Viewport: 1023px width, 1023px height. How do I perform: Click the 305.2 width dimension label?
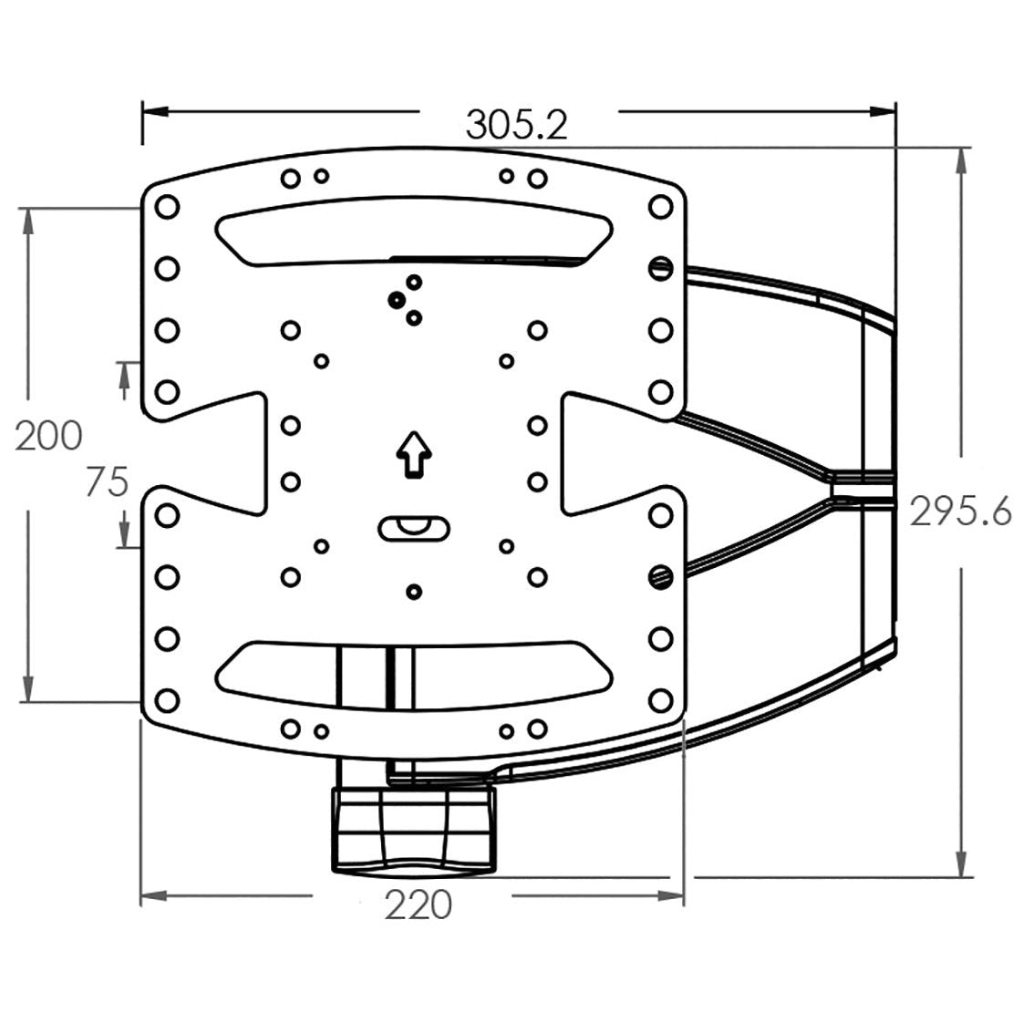(517, 125)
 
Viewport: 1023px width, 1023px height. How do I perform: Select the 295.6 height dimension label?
(960, 511)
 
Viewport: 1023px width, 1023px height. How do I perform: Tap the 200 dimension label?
(49, 436)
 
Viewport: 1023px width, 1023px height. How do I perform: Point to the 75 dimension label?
(107, 482)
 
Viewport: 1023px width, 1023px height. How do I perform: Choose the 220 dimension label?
(418, 904)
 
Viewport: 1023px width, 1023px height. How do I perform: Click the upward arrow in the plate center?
(414, 454)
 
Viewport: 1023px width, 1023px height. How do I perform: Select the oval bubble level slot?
(414, 529)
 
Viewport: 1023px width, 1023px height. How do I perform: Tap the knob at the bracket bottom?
(414, 829)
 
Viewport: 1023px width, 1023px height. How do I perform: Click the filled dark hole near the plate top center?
(396, 300)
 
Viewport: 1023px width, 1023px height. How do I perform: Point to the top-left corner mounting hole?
(168, 208)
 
